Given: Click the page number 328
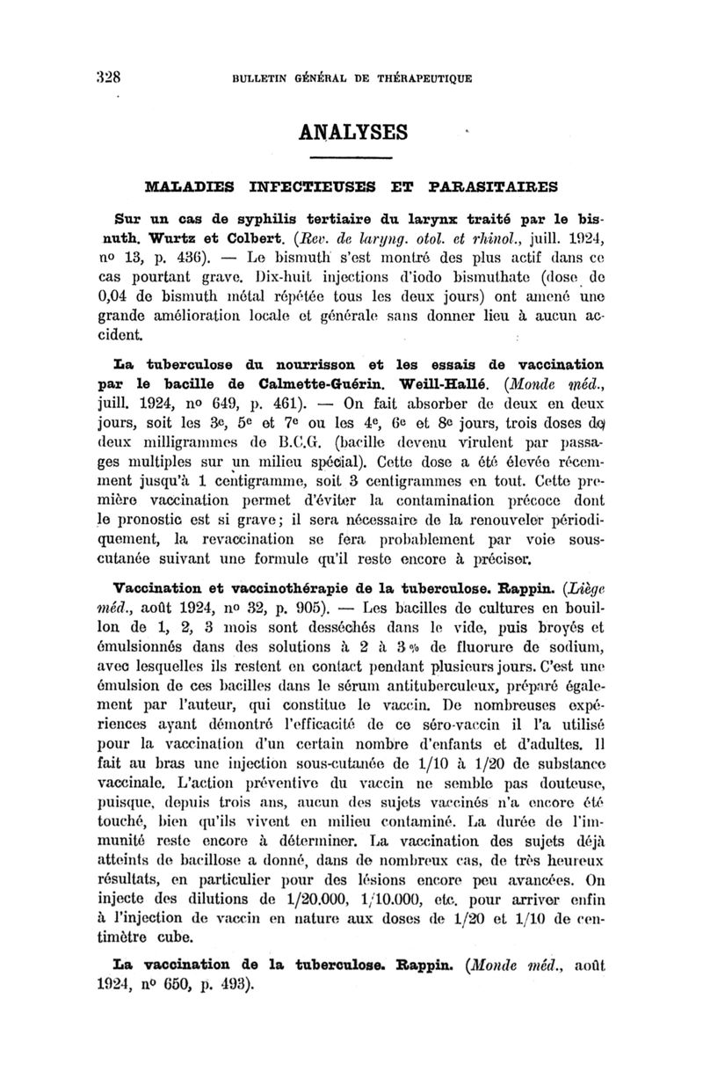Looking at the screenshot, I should tap(108, 76).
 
